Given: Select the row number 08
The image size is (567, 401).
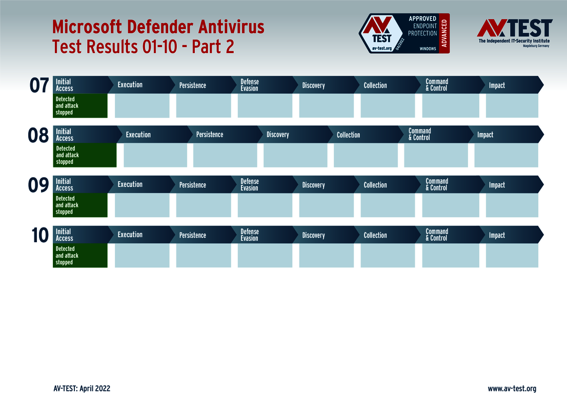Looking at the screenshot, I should tap(38, 136).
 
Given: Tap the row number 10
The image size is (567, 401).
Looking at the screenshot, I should tap(39, 236).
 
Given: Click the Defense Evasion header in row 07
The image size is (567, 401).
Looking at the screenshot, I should tap(250, 85).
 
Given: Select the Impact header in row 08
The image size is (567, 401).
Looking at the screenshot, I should tap(485, 135).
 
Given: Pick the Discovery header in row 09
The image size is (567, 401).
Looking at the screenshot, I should tap(313, 185).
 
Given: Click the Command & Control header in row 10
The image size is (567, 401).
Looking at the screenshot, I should tap(437, 235).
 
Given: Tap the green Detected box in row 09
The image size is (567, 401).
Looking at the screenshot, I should tap(80, 205).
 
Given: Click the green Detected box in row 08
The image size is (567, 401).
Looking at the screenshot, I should tap(85, 155).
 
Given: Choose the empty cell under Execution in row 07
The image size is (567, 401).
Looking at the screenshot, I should tap(142, 105).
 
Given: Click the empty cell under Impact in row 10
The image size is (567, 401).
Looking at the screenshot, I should tap(512, 256).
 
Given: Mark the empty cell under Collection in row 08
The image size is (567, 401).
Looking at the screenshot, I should tap(366, 155).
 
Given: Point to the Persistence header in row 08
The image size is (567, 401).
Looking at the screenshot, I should tap(210, 135).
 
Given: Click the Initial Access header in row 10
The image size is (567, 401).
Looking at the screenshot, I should tap(65, 235).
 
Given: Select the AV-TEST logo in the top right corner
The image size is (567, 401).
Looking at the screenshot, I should tap(514, 33).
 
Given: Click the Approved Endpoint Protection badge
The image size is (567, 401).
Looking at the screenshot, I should tap(404, 34).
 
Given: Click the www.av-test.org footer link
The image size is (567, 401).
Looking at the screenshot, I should tap(512, 389).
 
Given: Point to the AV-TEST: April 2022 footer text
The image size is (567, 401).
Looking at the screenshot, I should tap(82, 389).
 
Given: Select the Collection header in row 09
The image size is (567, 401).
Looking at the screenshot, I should tap(375, 185).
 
